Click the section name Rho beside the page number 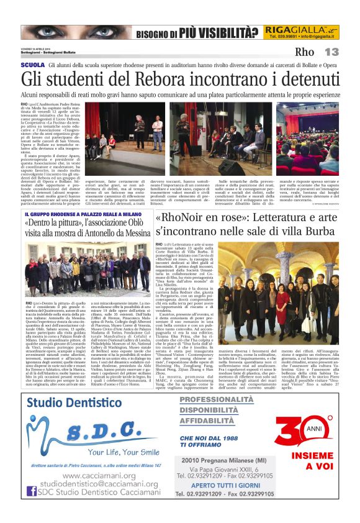tap(305, 52)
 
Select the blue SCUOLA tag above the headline tap(32, 65)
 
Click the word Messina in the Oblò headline tap(131, 232)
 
